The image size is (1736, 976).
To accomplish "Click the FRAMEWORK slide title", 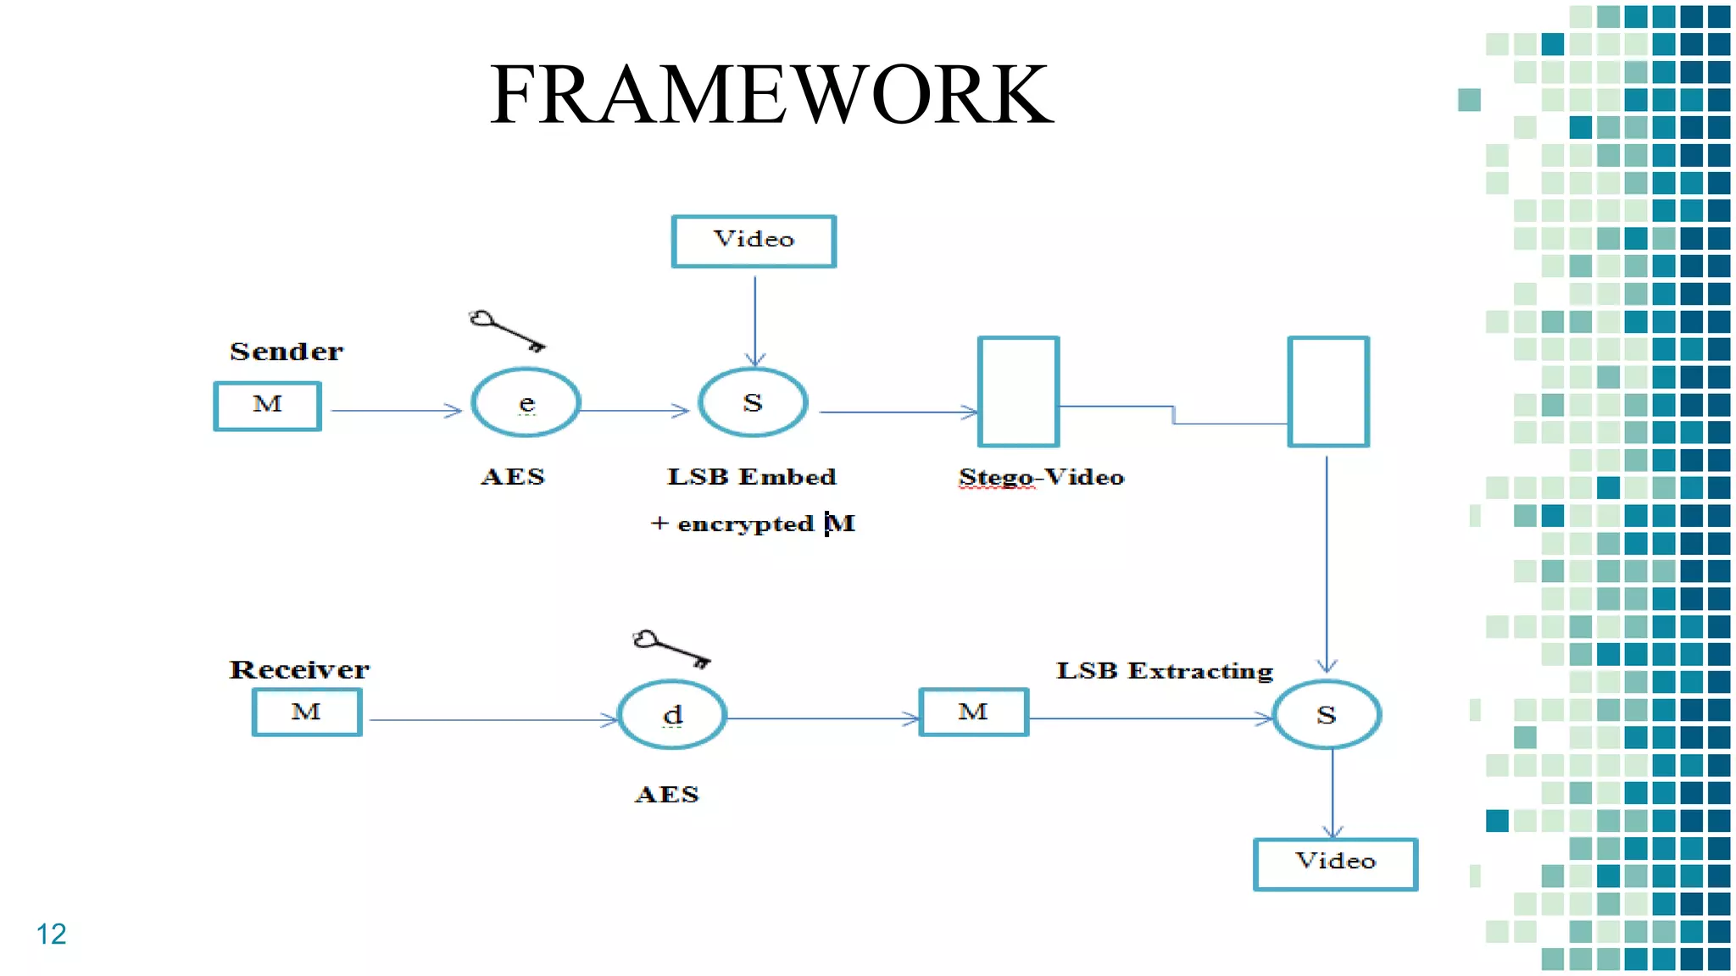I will point(771,95).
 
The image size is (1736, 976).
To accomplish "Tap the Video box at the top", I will point(754,241).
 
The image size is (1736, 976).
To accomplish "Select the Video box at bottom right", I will point(1335,863).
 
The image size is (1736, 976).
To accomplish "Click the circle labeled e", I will point(526,403).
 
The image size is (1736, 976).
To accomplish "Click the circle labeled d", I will point(671,715).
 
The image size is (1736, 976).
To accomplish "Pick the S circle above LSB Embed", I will point(753,403).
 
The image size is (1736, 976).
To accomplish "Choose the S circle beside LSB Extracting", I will point(1327,715).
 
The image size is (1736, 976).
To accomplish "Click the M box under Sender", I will point(267,406).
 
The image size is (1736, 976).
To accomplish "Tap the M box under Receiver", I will point(307,712).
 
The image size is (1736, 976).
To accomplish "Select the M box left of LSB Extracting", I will point(973,712).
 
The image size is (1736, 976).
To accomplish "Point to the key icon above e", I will point(507,330).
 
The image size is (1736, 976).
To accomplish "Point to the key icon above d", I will point(670,649).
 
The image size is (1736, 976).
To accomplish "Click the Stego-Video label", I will point(1041,478).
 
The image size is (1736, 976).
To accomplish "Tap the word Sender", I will point(287,352).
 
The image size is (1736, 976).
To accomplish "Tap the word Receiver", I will point(299,670).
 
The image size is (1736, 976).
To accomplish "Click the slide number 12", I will point(51,934).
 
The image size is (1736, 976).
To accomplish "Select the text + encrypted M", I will point(753,524).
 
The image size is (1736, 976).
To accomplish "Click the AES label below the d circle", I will point(667,795).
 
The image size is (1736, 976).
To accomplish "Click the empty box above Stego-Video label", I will point(1018,391).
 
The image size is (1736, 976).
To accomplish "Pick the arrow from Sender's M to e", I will point(395,411).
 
